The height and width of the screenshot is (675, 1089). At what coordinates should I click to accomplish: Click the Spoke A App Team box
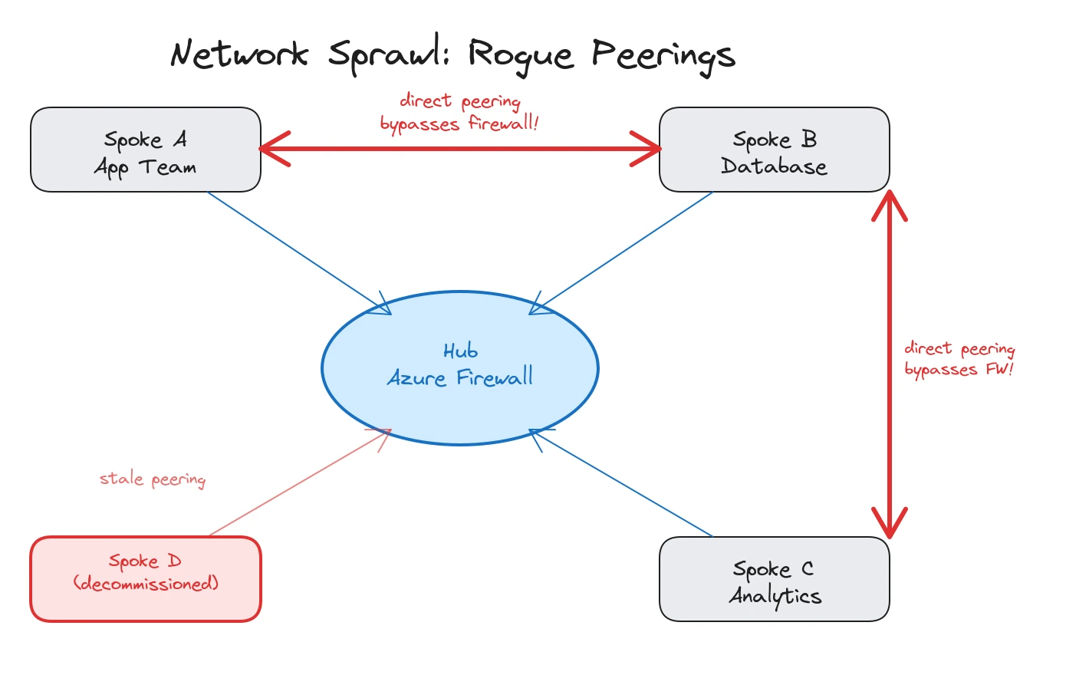(146, 150)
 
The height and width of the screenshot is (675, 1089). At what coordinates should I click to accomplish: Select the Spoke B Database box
(775, 150)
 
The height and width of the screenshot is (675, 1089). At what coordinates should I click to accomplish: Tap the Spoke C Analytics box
(775, 579)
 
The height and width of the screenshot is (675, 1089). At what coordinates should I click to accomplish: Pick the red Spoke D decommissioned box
(146, 579)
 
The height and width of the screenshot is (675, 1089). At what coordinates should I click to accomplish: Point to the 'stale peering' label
(153, 479)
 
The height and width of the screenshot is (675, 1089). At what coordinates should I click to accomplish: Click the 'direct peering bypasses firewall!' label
(459, 113)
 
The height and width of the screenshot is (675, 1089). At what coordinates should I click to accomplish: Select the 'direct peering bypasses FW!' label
(959, 359)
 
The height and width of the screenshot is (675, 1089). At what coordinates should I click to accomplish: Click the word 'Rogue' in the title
(520, 55)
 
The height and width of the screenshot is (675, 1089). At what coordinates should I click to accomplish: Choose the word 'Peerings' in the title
(663, 55)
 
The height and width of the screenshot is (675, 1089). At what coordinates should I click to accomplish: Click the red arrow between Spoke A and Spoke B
(460, 149)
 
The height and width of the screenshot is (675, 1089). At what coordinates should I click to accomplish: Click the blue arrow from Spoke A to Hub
(299, 253)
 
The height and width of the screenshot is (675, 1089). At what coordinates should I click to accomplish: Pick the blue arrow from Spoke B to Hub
(621, 253)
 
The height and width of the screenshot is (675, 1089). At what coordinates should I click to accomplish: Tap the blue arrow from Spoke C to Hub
(621, 483)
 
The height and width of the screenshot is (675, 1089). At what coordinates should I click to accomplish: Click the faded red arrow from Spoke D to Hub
(299, 483)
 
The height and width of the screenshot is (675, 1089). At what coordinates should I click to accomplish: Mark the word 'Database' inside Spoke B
(775, 166)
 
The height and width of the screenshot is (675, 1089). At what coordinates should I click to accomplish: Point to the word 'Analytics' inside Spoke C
(775, 596)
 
